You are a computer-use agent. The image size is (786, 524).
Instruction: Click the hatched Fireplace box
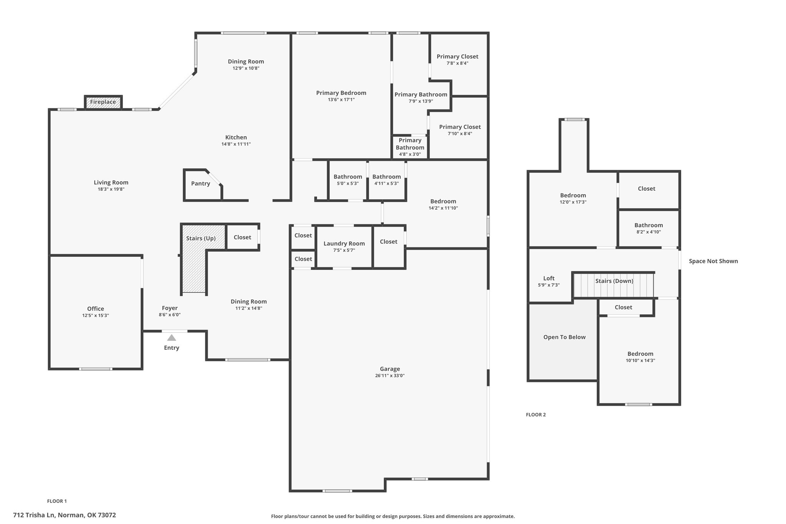point(103,102)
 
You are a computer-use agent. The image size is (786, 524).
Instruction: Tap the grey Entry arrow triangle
point(172,338)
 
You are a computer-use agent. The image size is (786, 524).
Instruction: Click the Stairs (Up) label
point(201,238)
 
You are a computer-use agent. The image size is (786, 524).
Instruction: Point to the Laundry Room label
point(344,243)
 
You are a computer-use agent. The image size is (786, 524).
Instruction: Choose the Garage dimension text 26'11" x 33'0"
point(390,375)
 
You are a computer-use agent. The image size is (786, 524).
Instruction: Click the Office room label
point(96,309)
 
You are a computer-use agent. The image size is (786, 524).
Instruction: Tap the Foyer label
point(170,308)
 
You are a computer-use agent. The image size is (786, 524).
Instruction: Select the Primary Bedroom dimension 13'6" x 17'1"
point(341,99)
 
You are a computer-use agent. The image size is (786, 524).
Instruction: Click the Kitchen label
point(236,137)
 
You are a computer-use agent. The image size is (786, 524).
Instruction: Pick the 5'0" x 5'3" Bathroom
point(348,180)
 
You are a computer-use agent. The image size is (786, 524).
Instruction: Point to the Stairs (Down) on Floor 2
point(614,285)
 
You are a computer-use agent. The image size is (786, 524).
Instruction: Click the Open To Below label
point(565,337)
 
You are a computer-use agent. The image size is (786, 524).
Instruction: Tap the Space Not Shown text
point(713,261)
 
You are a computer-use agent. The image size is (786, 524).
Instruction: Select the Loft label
point(549,278)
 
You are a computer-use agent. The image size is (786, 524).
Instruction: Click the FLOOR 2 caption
point(536,415)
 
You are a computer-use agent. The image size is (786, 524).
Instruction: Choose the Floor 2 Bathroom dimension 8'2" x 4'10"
point(649,232)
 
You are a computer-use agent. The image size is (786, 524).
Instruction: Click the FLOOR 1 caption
point(57,501)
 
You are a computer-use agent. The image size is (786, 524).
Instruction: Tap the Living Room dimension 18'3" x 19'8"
point(111,189)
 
